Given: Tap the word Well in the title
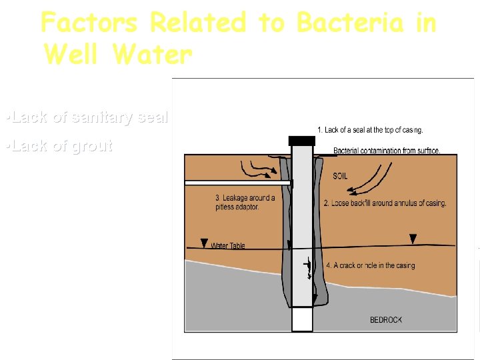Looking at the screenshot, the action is click(x=71, y=54).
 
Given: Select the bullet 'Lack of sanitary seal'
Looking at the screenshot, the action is click(x=86, y=117).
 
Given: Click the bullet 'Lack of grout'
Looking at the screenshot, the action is click(x=58, y=146).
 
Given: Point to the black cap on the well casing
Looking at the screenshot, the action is click(x=301, y=141).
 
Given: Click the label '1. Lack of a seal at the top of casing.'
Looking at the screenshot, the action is click(x=369, y=130).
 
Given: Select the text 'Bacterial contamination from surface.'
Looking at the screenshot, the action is click(x=387, y=151).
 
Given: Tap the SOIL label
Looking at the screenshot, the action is click(x=340, y=177).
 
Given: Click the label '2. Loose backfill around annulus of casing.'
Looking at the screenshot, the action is click(x=385, y=203).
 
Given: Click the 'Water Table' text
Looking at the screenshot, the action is click(x=228, y=246).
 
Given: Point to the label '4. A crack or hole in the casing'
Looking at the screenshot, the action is click(x=370, y=265).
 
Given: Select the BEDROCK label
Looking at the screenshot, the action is click(x=386, y=320).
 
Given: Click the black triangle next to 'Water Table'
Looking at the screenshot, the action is click(x=204, y=243).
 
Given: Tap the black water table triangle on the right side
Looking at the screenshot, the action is click(x=413, y=239).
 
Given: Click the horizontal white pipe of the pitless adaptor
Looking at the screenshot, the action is click(x=237, y=182).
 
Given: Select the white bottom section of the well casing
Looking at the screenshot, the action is click(x=301, y=319).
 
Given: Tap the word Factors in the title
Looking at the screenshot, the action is click(x=89, y=23).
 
